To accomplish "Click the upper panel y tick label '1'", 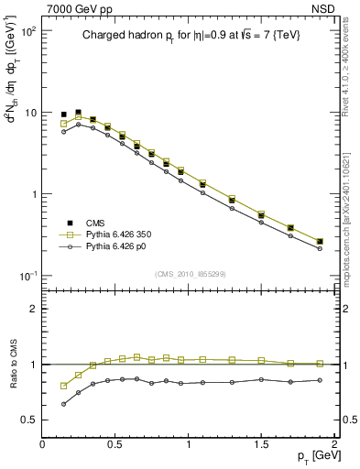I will (x=32, y=194).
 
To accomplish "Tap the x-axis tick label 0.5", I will (x=115, y=443).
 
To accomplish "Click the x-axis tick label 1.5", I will (x=261, y=443).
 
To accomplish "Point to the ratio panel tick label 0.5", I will (x=28, y=420).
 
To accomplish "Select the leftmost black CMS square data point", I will (x=63, y=115).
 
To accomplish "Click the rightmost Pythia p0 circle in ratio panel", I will (x=320, y=380).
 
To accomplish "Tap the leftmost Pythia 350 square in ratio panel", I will (x=63, y=386).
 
